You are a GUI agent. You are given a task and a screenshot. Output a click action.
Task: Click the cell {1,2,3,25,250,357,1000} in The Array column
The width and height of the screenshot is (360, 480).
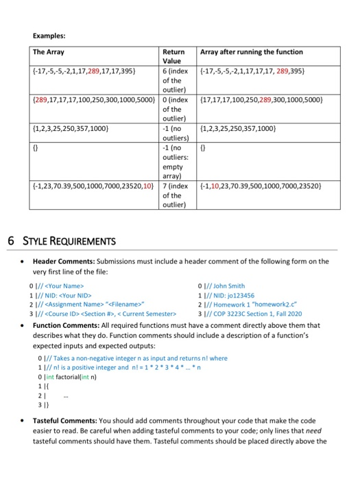70,128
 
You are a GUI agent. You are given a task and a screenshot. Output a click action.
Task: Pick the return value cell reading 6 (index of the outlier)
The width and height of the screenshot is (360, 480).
175,79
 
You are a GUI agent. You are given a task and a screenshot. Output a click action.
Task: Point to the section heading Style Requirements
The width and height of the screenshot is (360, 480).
60,241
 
